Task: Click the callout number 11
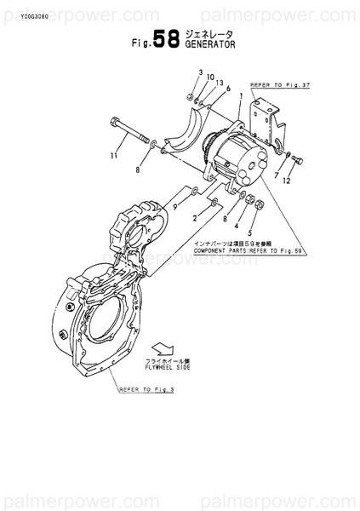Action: coord(113,156)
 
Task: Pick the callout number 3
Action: coord(200,73)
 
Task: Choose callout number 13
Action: coord(220,83)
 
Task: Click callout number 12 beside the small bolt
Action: coord(288,181)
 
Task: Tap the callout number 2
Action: coord(195,219)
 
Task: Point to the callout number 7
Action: coord(277,174)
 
